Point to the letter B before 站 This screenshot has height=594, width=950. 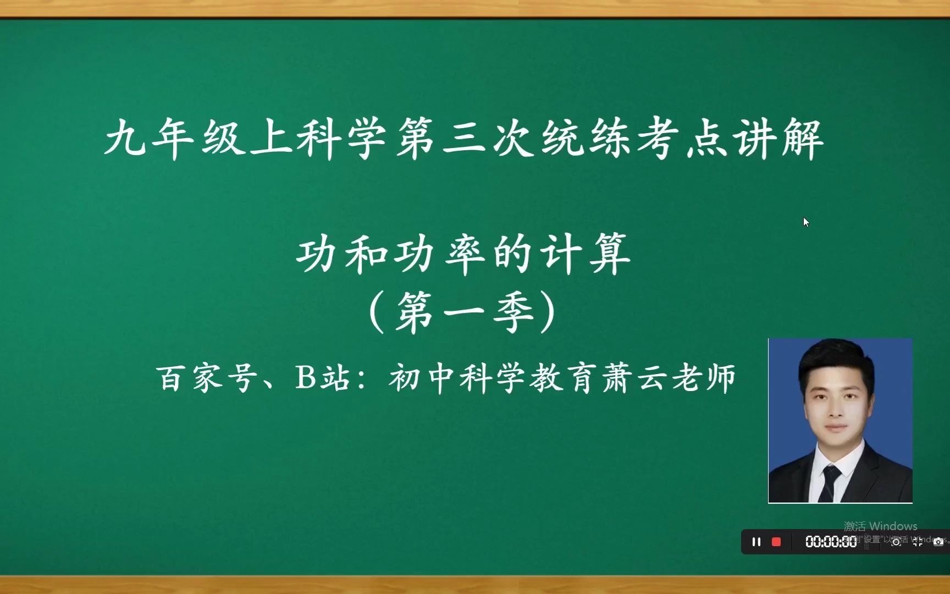tap(305, 378)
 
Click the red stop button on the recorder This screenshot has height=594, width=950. tap(776, 542)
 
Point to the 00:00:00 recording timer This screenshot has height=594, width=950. tap(831, 542)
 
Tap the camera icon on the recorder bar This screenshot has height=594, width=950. tap(938, 542)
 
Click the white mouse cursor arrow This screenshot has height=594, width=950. tap(806, 222)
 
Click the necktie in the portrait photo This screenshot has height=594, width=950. tap(830, 481)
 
